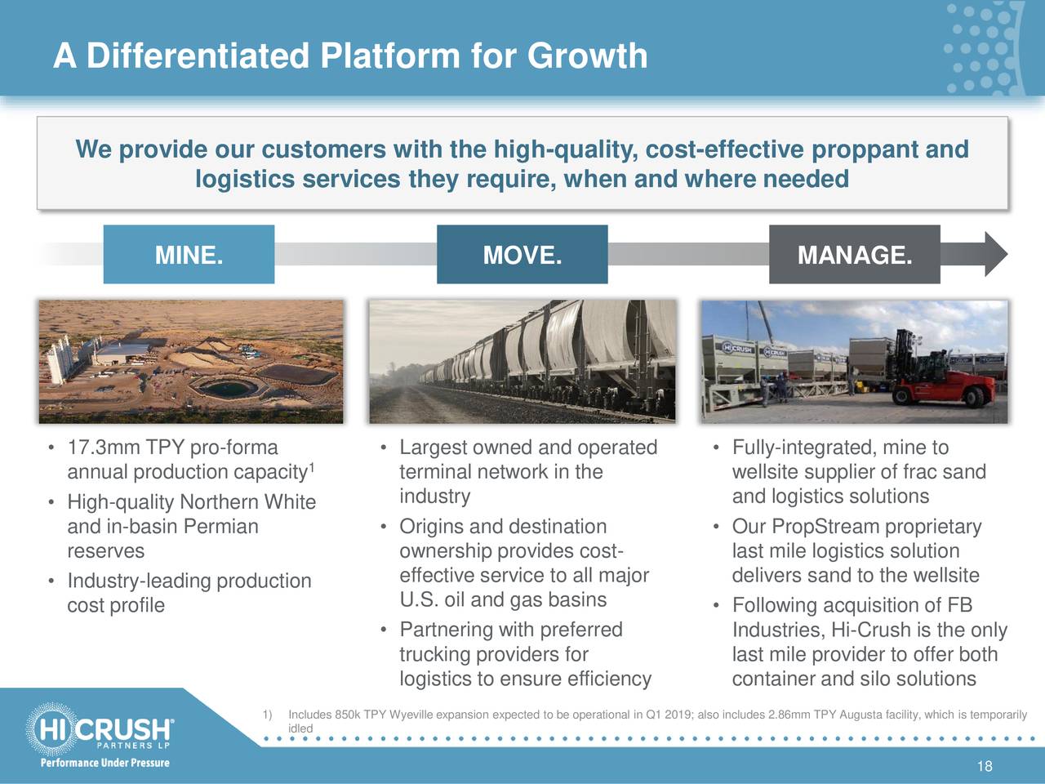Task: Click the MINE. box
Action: (x=189, y=254)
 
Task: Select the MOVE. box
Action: (x=522, y=254)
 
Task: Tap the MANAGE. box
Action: (x=855, y=254)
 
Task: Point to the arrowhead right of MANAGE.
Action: (x=996, y=254)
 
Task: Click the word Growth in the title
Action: (x=587, y=56)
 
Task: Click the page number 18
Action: (x=985, y=766)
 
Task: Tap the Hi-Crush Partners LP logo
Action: (x=100, y=728)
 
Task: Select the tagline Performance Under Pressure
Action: (x=104, y=763)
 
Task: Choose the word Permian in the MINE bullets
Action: (x=221, y=527)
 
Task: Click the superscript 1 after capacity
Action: (x=312, y=467)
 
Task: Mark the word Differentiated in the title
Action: (x=198, y=56)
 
